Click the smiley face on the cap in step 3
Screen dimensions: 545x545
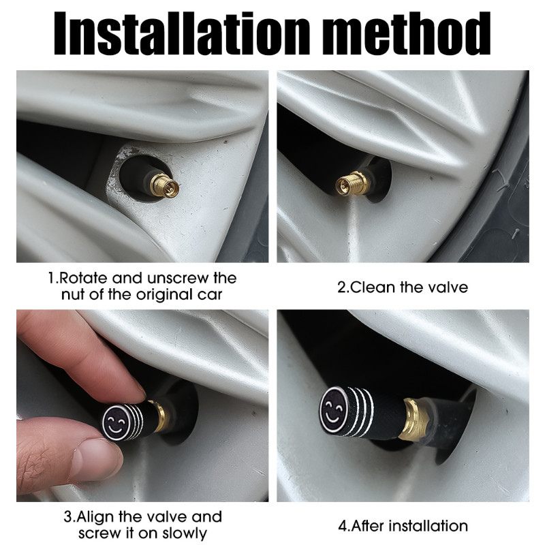(x=116, y=422)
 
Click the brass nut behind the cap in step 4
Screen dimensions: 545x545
(x=415, y=418)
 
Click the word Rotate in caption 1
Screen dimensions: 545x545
(x=83, y=279)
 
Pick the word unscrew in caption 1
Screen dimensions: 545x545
(x=179, y=279)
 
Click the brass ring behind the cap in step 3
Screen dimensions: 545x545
(x=159, y=416)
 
